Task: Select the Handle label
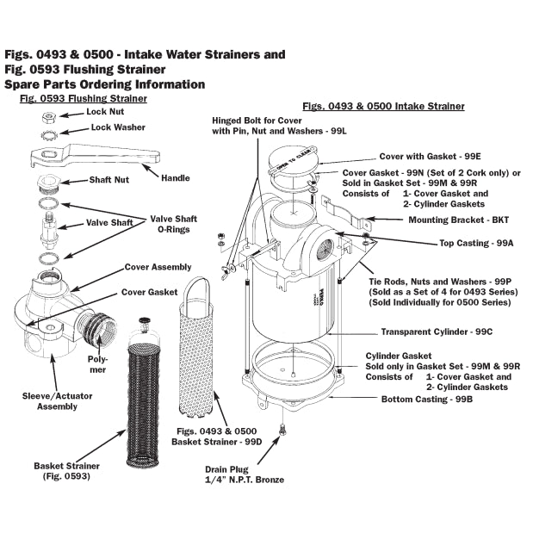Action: click(175, 178)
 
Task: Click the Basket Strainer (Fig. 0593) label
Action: click(62, 470)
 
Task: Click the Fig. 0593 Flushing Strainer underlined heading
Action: click(83, 99)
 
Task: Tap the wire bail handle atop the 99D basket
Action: click(198, 289)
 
